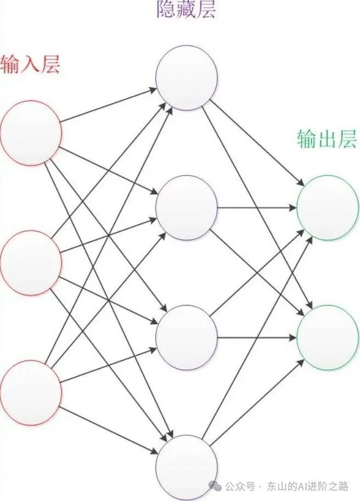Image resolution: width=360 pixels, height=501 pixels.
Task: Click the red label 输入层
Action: coord(30,65)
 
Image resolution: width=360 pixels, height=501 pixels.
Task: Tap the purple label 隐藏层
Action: coord(187,10)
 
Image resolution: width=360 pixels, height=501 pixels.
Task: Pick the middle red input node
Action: coord(30,262)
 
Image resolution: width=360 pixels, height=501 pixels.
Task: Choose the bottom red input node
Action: coord(30,391)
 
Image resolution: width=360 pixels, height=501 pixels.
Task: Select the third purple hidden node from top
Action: coord(187,336)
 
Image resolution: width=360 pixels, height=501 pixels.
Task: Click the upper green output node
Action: coord(328,208)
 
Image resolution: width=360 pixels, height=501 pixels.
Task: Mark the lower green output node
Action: coord(328,336)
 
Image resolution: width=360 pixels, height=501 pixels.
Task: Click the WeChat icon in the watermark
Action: coord(217,486)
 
